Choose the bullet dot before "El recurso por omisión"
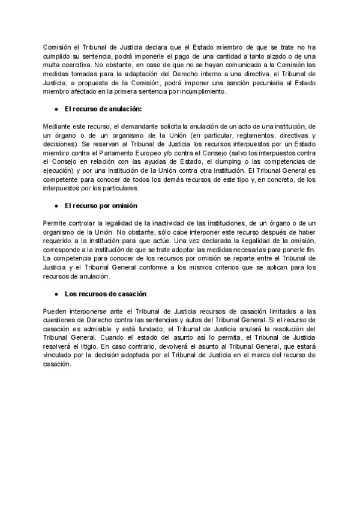[56, 205]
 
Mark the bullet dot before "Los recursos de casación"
[56, 294]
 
